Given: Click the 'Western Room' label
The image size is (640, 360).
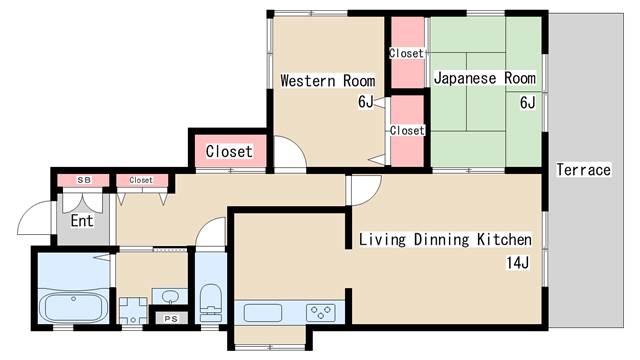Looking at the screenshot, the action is point(328,80).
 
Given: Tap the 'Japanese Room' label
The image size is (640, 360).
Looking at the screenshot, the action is point(484,78).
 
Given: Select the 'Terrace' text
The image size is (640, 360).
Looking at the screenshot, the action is point(584,169).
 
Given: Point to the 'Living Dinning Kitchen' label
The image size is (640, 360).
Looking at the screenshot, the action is point(445,239).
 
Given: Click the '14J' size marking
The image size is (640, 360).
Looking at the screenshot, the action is point(518,262).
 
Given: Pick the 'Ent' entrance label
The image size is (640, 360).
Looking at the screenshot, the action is point(82,220).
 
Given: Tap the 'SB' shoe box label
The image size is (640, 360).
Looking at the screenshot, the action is point(84,180).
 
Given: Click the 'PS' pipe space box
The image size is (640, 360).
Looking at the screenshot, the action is point(171,318).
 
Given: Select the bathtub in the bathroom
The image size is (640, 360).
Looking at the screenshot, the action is point(74,307).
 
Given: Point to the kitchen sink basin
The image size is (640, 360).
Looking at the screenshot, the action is point(263,313).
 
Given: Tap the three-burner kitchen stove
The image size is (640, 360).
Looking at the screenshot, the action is point(321,313).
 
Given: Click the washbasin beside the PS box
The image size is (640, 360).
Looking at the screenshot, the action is point(170,296).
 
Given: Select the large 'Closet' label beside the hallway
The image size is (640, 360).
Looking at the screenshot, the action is point(229,151).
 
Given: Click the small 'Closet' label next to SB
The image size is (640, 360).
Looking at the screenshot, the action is point(141,180).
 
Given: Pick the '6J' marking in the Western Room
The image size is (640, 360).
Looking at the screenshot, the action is point(366,102).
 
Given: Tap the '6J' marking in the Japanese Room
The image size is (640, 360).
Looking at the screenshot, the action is point(527,102).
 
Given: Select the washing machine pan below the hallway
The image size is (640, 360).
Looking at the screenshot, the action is point(133,311).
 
